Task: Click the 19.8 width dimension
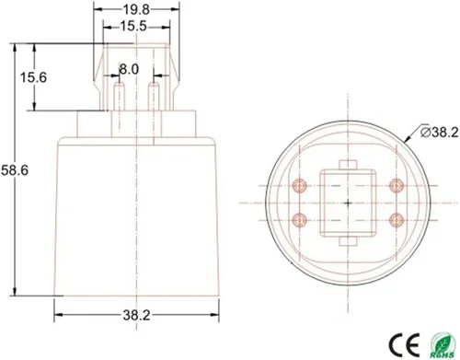(x=137, y=11)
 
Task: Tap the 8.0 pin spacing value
(x=130, y=69)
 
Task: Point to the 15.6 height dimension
(x=33, y=77)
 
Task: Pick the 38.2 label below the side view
(x=136, y=315)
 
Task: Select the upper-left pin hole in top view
(x=298, y=185)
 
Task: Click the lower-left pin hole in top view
(x=298, y=218)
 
